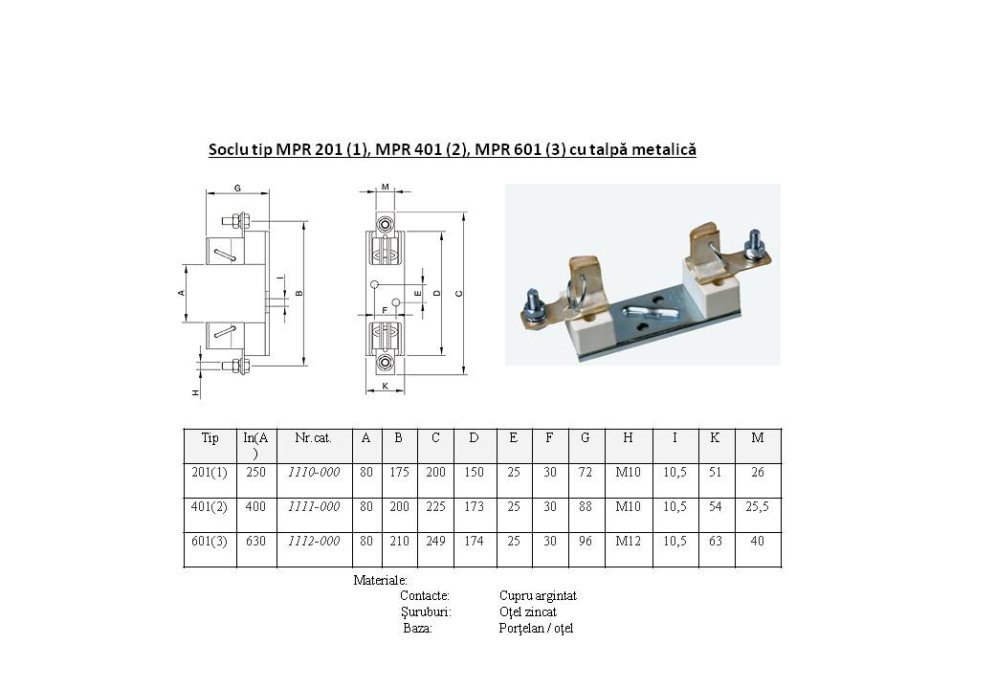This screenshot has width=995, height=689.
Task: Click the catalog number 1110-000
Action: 314,472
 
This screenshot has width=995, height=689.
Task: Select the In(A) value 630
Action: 255,542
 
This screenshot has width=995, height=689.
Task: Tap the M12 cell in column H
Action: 629,542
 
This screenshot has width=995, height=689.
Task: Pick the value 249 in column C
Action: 435,542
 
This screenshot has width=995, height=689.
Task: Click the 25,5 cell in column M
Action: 758,507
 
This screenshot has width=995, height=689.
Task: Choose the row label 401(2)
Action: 210,507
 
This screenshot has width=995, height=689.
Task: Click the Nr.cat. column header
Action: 314,437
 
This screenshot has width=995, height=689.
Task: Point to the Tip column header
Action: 210,437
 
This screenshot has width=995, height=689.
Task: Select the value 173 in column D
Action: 474,507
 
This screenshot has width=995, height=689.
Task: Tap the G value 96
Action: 586,542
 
